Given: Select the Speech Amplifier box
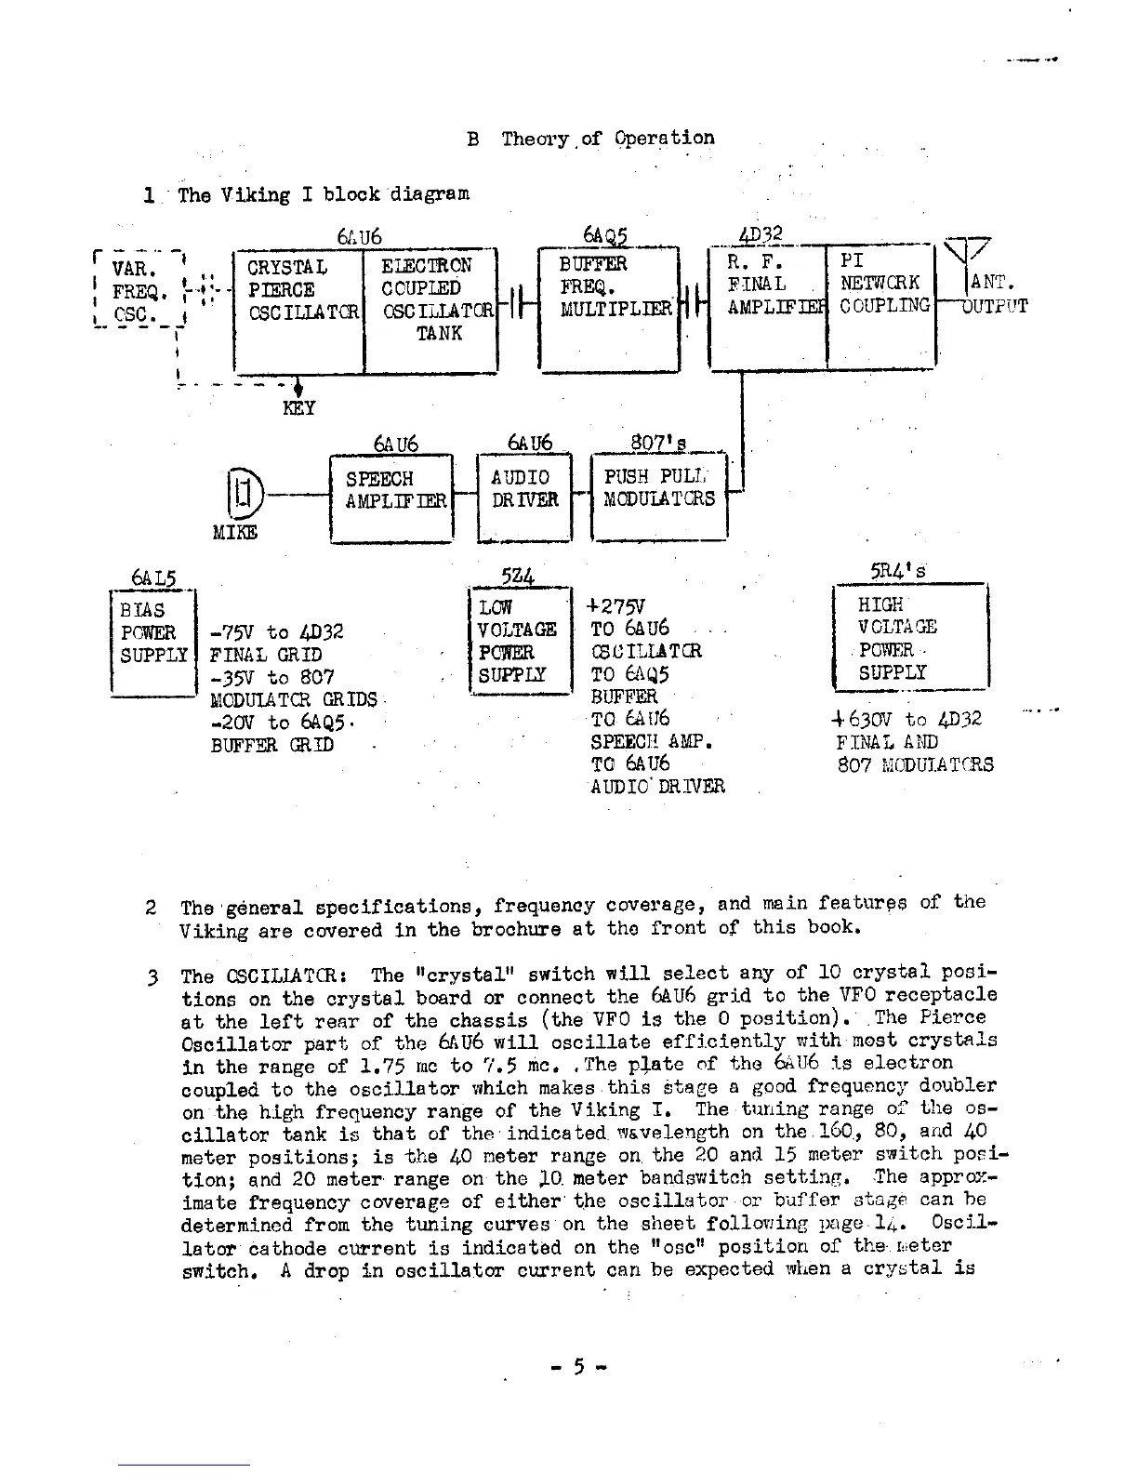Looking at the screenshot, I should click(391, 498).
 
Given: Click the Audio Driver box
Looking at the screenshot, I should click(523, 498).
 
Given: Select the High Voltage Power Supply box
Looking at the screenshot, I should click(908, 636).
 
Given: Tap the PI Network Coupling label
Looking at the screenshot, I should click(881, 284).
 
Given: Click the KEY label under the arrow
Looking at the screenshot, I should click(298, 408).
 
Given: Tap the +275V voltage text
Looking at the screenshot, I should click(618, 605).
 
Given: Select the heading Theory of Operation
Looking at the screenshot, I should click(607, 139).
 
